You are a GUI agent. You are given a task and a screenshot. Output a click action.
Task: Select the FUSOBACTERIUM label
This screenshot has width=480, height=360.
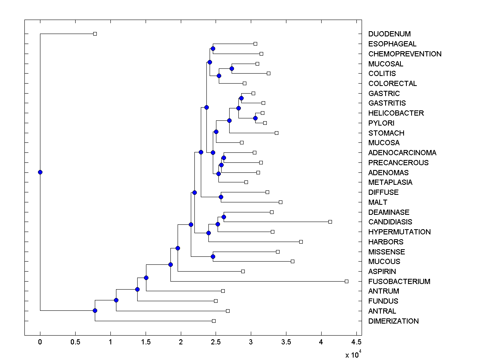click(x=399, y=282)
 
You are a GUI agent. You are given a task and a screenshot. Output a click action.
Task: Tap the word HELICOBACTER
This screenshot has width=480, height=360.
click(x=396, y=113)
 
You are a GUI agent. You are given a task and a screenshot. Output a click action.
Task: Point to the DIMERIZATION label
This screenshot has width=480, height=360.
click(x=393, y=321)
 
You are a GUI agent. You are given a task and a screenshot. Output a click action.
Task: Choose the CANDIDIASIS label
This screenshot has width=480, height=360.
click(x=390, y=222)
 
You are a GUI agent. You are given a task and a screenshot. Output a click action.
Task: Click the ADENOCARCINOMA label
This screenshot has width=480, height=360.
click(x=402, y=153)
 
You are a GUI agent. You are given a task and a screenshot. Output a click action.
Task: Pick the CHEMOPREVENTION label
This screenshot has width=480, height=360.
click(x=405, y=54)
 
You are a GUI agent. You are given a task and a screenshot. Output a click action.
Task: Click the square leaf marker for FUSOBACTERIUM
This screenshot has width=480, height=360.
click(x=346, y=281)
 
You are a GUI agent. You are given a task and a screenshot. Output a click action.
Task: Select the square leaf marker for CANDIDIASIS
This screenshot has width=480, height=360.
click(x=330, y=222)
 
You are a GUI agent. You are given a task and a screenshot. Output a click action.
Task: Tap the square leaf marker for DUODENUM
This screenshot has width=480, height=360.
click(x=95, y=34)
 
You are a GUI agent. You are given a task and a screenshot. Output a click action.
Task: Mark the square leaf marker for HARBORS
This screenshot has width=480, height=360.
click(x=301, y=242)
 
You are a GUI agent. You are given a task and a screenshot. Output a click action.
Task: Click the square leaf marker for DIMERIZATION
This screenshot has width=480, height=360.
click(x=214, y=321)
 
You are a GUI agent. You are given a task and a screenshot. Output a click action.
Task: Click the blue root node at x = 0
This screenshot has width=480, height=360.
click(x=40, y=172)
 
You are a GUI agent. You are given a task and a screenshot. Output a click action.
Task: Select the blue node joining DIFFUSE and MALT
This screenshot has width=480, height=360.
click(x=221, y=197)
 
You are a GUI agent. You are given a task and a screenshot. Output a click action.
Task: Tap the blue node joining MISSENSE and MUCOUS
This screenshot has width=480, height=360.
click(x=213, y=256)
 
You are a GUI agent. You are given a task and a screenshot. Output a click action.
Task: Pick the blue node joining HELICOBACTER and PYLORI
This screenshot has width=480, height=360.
click(x=255, y=118)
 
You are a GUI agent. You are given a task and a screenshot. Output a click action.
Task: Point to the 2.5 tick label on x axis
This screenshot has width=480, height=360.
click(x=216, y=342)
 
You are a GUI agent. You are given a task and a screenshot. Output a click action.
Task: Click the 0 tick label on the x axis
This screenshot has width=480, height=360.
click(x=40, y=342)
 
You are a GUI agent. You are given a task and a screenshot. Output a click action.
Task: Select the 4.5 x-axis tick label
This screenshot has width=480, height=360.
click(x=356, y=342)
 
